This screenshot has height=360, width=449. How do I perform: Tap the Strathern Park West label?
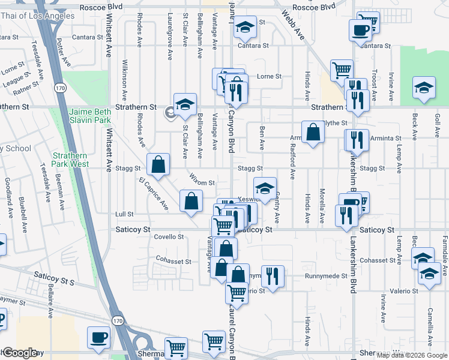coord(70,160)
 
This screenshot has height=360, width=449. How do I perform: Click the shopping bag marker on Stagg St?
coord(158,164)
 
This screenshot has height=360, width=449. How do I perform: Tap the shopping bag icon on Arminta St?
coord(313,132)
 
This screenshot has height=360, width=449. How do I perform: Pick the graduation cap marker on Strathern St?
coord(185,103)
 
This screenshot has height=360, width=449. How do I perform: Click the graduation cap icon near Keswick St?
coord(265,188)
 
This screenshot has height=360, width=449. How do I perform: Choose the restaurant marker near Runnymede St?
coord(273,276)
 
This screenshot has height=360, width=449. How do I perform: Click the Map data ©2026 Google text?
coord(412,355)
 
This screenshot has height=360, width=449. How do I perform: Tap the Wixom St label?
coord(202,182)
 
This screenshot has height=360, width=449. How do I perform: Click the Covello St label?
coord(169,237)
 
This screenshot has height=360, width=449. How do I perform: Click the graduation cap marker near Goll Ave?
coord(424,88)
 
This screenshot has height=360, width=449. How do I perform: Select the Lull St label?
coord(124,214)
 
